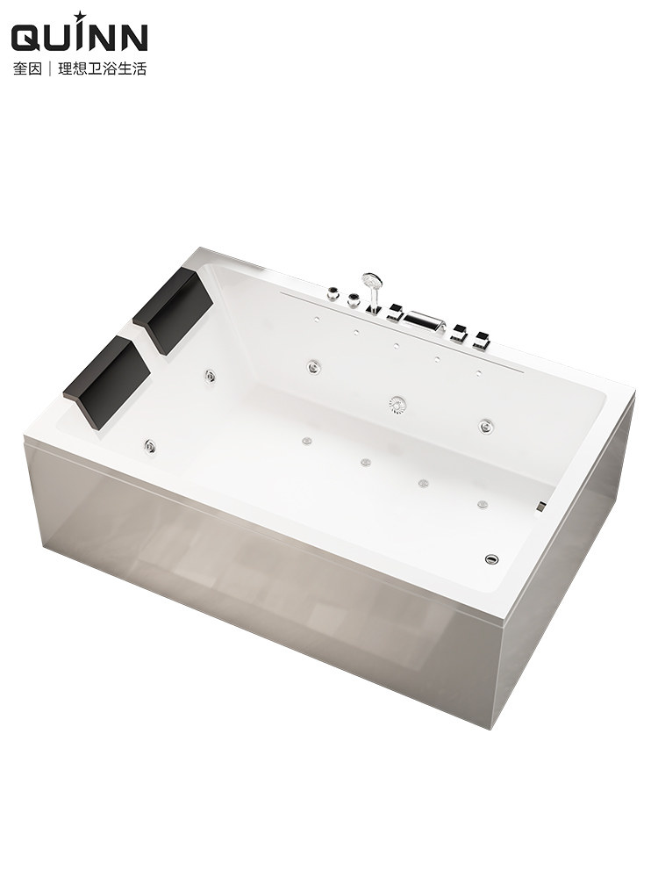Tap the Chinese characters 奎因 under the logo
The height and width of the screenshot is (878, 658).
pos(27,68)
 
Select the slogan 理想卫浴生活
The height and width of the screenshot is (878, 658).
pos(103,68)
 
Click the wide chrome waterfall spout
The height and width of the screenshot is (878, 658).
pos(423,321)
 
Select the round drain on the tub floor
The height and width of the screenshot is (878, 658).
pos(491,558)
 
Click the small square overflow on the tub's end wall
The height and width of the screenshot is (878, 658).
pos(541,507)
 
